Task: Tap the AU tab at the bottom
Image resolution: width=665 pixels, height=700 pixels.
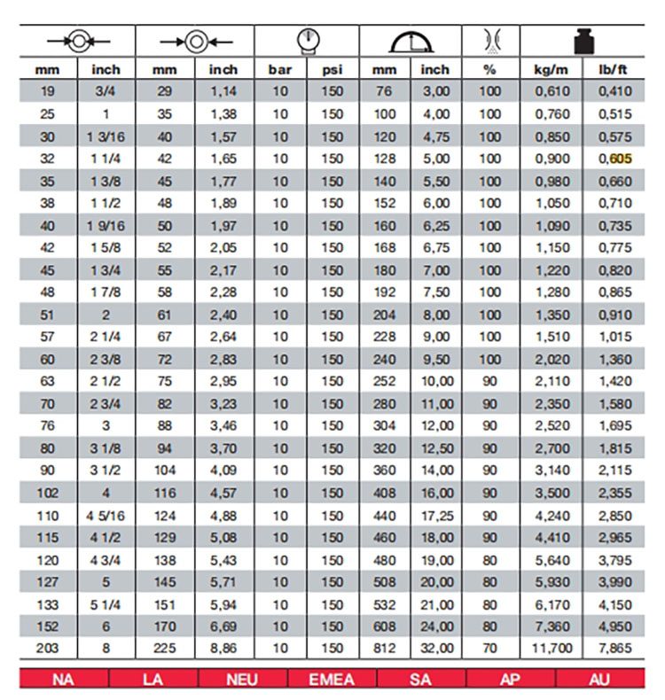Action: point(600,680)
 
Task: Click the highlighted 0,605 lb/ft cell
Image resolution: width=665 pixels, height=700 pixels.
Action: point(611,159)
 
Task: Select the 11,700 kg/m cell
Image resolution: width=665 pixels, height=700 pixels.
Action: point(552,648)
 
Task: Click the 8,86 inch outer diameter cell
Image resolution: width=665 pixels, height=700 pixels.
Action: point(223,648)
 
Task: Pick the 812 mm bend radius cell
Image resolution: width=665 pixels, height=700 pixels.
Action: point(384,648)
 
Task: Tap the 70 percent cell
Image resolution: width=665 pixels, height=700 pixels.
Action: point(489,648)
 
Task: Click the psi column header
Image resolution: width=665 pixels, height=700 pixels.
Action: point(332,69)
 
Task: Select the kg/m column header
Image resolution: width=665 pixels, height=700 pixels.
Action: point(552,69)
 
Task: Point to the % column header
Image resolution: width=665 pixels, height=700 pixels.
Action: point(489,69)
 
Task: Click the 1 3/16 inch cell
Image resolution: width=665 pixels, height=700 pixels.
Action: point(106,137)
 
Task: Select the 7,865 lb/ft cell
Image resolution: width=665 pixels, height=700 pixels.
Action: point(611,648)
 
